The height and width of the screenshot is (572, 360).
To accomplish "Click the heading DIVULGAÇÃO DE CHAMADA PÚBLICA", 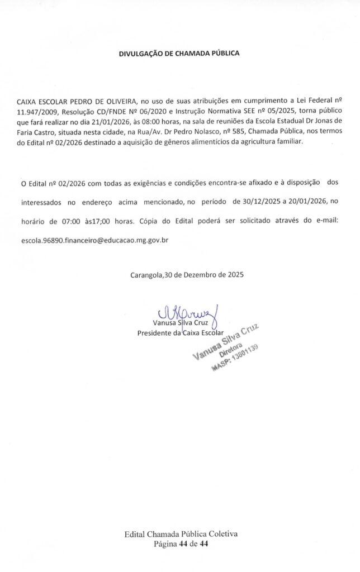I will pyautogui.click(x=179, y=54).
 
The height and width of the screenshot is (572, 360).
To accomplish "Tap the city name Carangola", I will pyautogui.click(x=146, y=275).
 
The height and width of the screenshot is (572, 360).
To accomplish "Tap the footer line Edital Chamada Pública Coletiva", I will pyautogui.click(x=181, y=534).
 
